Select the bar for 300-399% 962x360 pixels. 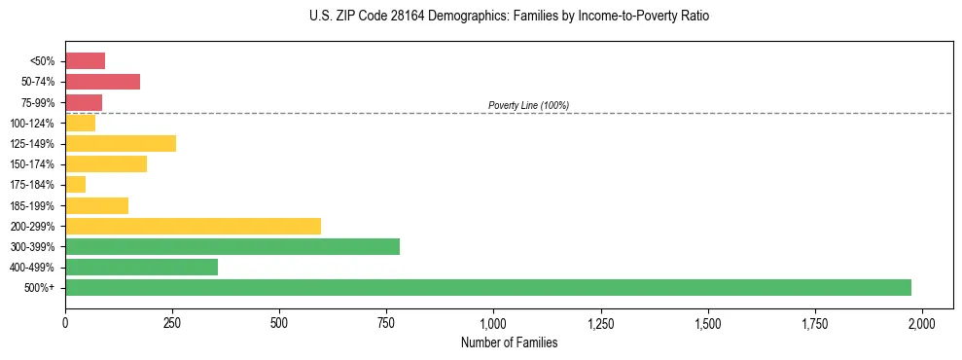232,247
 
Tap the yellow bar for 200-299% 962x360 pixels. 193,226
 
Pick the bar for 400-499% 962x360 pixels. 141,268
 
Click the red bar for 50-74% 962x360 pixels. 102,82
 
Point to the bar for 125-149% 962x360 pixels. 121,144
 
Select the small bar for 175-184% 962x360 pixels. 76,185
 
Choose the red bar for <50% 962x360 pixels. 85,61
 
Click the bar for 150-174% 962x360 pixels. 106,164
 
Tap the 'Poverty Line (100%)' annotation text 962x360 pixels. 528,105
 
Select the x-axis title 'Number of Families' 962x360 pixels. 509,342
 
